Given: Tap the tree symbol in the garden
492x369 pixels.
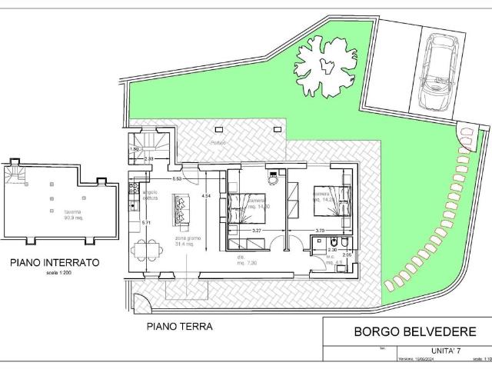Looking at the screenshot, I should pyautogui.click(x=325, y=65).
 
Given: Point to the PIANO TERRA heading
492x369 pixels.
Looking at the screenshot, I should pyautogui.click(x=179, y=326).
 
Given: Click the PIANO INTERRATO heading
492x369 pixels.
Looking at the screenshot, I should pyautogui.click(x=54, y=262).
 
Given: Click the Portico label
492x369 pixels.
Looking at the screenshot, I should pyautogui.click(x=220, y=144).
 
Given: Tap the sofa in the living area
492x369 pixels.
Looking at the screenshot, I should pyautogui.click(x=181, y=205).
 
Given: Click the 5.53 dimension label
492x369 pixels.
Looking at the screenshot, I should pyautogui.click(x=177, y=178).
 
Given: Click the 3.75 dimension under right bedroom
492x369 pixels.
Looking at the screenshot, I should pyautogui.click(x=320, y=230).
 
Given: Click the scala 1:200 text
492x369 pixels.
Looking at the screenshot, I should pyautogui.click(x=52, y=273).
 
